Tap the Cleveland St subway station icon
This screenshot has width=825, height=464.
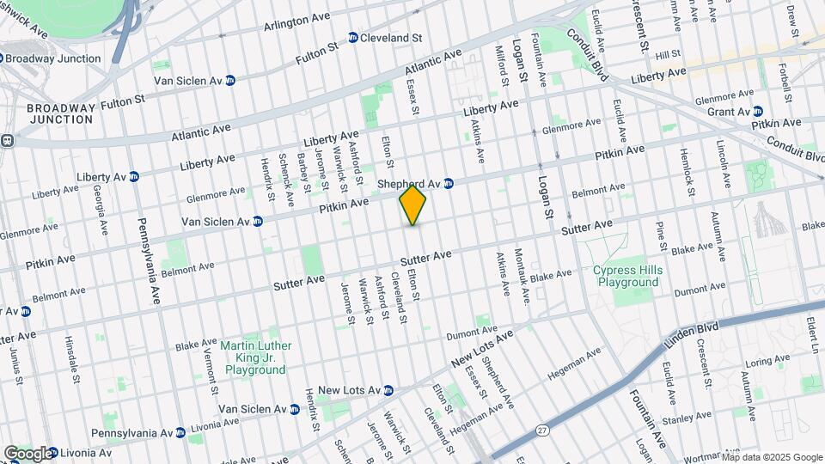tap(353, 38)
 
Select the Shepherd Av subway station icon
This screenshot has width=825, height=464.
tap(449, 183)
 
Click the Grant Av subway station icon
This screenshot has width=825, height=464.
tap(758, 112)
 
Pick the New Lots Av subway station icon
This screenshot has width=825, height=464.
tap(388, 390)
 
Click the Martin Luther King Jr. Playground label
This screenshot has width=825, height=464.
tap(255, 357)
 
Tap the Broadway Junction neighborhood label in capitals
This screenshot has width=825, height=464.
tap(59, 113)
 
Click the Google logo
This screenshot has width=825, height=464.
tap(27, 453)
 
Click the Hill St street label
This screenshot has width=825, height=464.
tap(667, 55)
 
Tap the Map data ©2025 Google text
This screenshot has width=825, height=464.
tap(771, 456)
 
